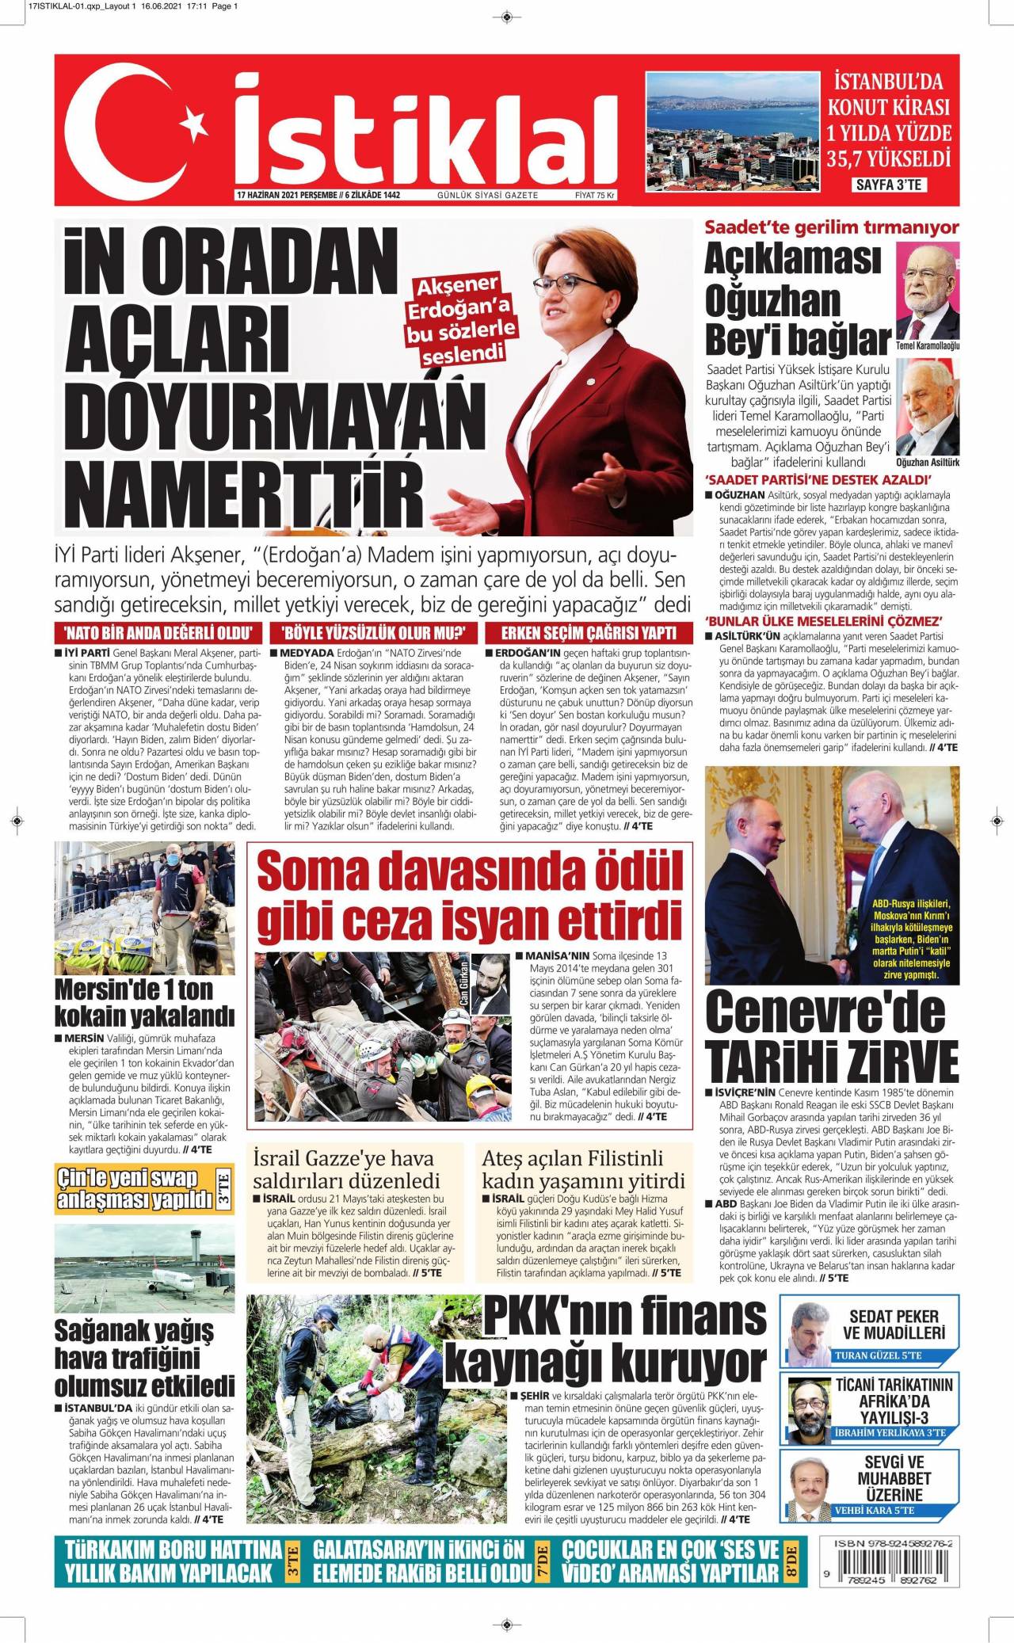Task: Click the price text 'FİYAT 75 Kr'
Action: (x=595, y=196)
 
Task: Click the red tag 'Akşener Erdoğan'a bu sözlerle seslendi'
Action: (x=463, y=319)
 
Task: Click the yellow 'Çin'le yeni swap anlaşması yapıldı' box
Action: (x=137, y=1189)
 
